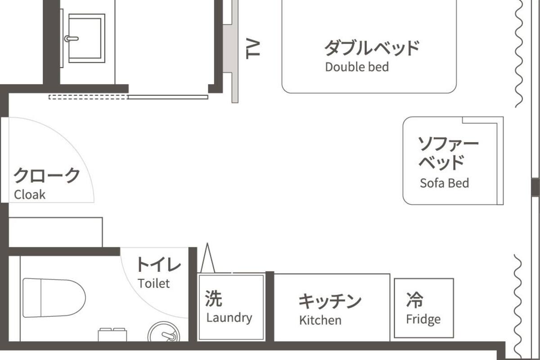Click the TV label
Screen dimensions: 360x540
coord(254,49)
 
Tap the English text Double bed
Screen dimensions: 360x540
coord(356,67)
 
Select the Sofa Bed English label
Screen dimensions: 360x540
coord(444,183)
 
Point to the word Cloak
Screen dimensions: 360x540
coord(30,194)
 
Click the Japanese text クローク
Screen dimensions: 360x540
coord(46,175)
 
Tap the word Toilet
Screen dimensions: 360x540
coord(154,283)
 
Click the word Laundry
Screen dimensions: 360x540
coord(229,318)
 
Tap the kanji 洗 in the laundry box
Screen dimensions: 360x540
coord(213,298)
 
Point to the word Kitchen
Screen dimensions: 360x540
coord(320,320)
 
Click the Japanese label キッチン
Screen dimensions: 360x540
coord(330,301)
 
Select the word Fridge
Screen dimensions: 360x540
coord(423,319)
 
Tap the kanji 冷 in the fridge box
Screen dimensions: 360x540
coord(414,300)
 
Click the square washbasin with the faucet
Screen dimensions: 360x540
coord(85,38)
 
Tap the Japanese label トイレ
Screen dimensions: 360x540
coord(158,265)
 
